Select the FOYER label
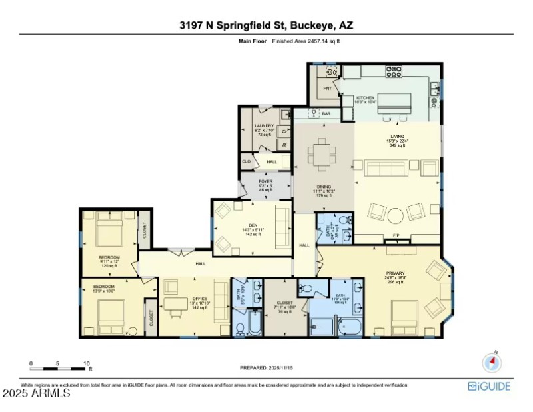(266, 181)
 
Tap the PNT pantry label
(327, 88)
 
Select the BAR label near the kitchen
(326, 114)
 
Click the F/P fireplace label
(396, 236)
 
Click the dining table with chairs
(324, 154)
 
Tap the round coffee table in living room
(396, 215)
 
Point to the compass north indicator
(492, 361)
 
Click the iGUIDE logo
(490, 386)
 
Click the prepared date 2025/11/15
(266, 368)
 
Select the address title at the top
(266, 25)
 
